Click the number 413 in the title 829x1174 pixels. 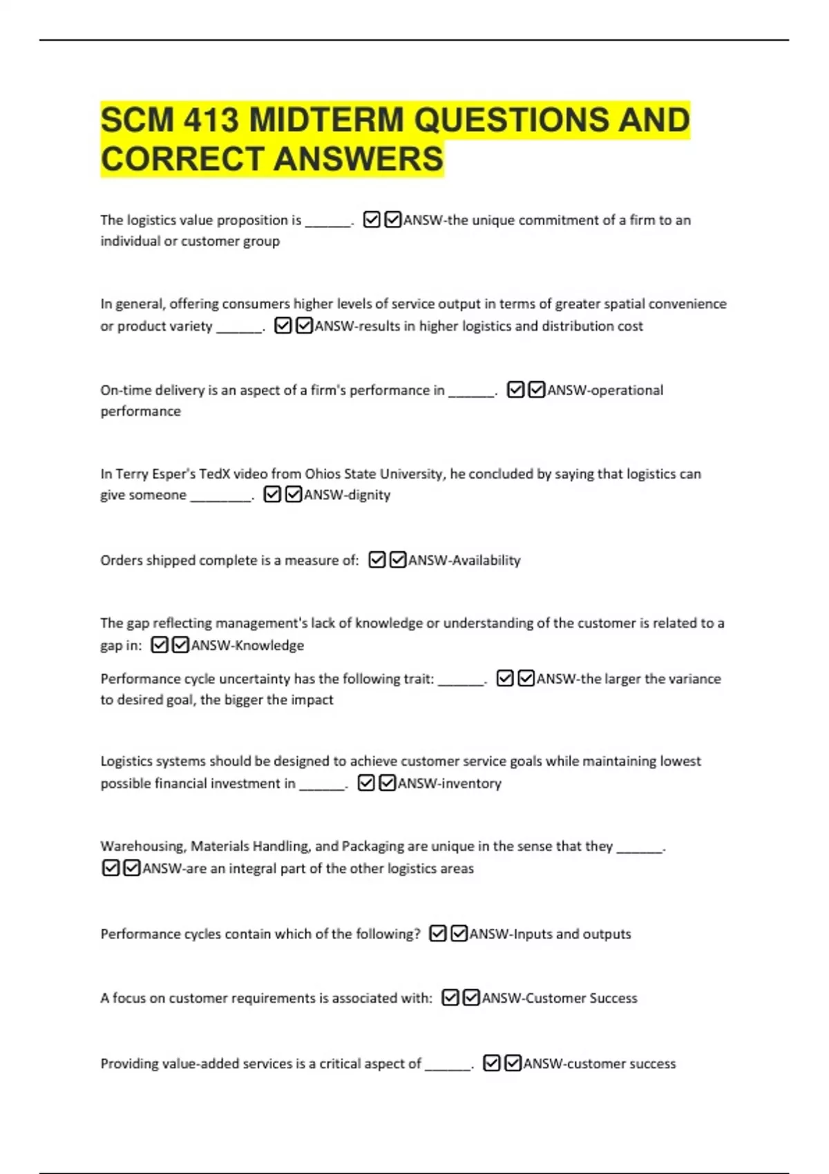tap(211, 120)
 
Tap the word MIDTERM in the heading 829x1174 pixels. tap(325, 120)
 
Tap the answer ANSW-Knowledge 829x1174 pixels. tap(247, 646)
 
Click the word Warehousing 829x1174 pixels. tap(142, 846)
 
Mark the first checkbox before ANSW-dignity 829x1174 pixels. tap(272, 494)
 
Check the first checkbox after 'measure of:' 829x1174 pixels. tap(377, 559)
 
